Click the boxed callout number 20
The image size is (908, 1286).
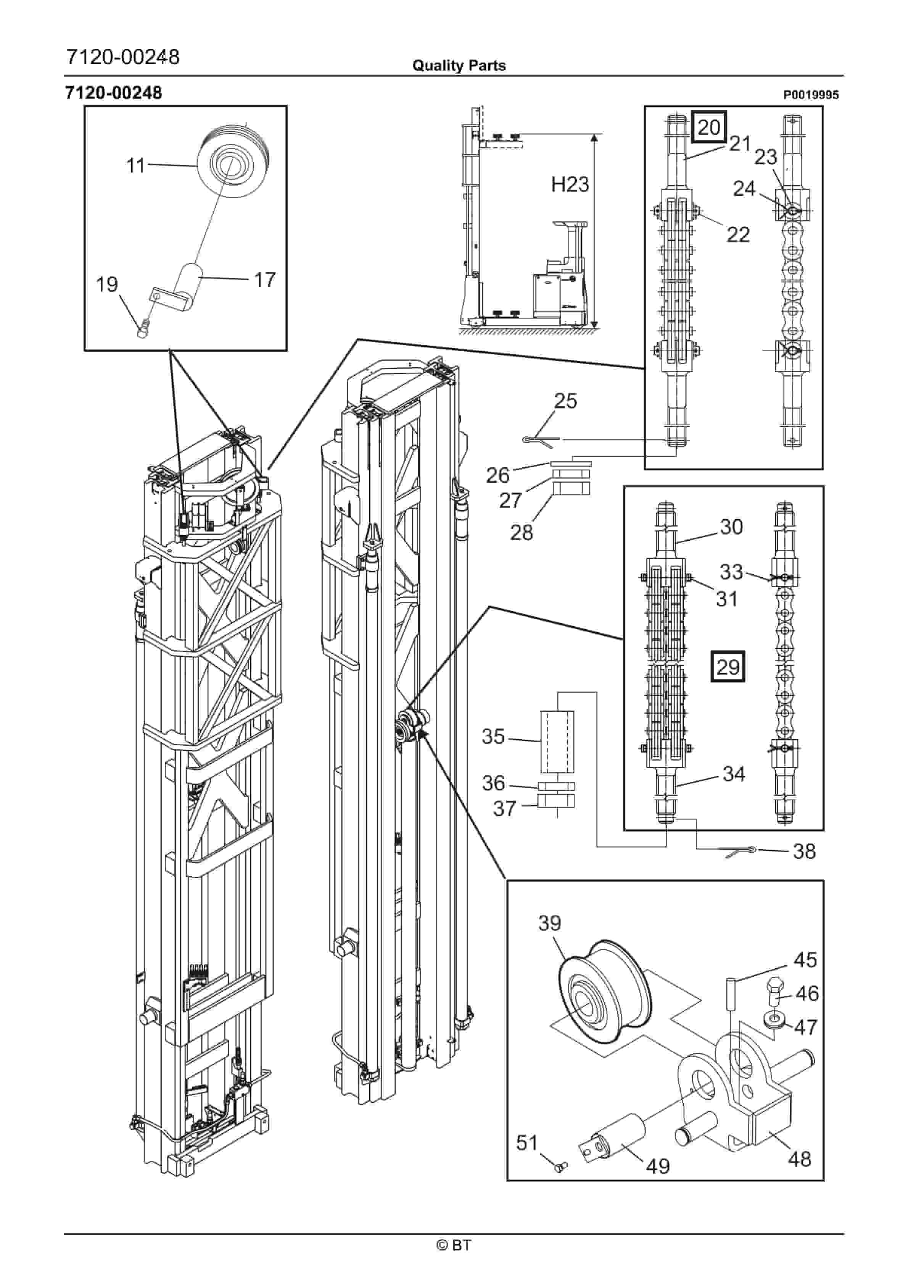pyautogui.click(x=709, y=127)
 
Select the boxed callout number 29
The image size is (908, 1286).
pyautogui.click(x=728, y=667)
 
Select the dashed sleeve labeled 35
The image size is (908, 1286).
pyautogui.click(x=557, y=741)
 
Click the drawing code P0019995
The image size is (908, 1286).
pyautogui.click(x=811, y=95)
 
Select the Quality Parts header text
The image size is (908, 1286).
pyautogui.click(x=459, y=66)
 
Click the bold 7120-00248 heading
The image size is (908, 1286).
pyautogui.click(x=114, y=92)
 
